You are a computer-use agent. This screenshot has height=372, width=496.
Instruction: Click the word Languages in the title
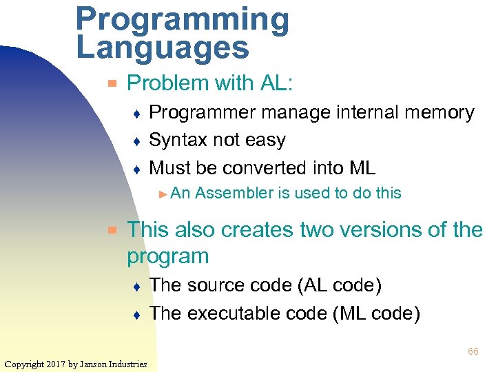click(163, 48)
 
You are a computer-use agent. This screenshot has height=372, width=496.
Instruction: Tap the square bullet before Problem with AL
click(112, 84)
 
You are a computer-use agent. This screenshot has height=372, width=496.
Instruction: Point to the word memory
click(435, 112)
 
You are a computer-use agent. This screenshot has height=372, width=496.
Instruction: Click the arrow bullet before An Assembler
click(163, 194)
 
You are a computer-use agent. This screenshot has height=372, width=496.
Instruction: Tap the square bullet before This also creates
click(112, 229)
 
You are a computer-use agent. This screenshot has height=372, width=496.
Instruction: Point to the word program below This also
click(167, 256)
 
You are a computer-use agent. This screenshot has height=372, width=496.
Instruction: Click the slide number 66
click(473, 352)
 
